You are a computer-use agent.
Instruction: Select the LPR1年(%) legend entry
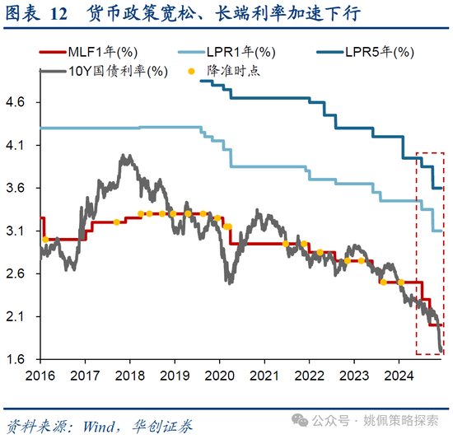coord(233,53)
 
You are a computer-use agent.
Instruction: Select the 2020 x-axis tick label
coord(219,376)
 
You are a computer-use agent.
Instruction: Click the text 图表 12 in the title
coord(38,14)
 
